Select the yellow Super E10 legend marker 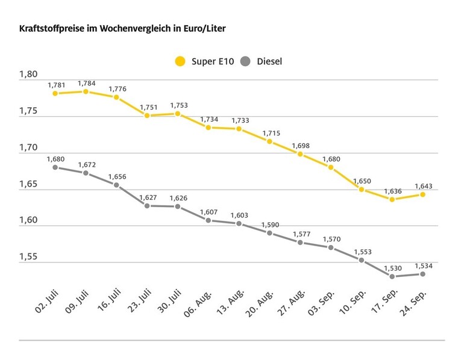point(180,61)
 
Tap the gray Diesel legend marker point(245,61)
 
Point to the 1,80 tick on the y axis point(28,75)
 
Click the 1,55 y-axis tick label point(28,257)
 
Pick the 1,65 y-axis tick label point(28,184)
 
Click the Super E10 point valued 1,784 point(86,92)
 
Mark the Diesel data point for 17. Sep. point(392,276)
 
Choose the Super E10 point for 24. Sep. point(423,194)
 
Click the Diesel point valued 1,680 point(55,167)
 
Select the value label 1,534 point(423,265)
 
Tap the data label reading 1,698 point(301,146)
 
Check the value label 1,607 point(208,212)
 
